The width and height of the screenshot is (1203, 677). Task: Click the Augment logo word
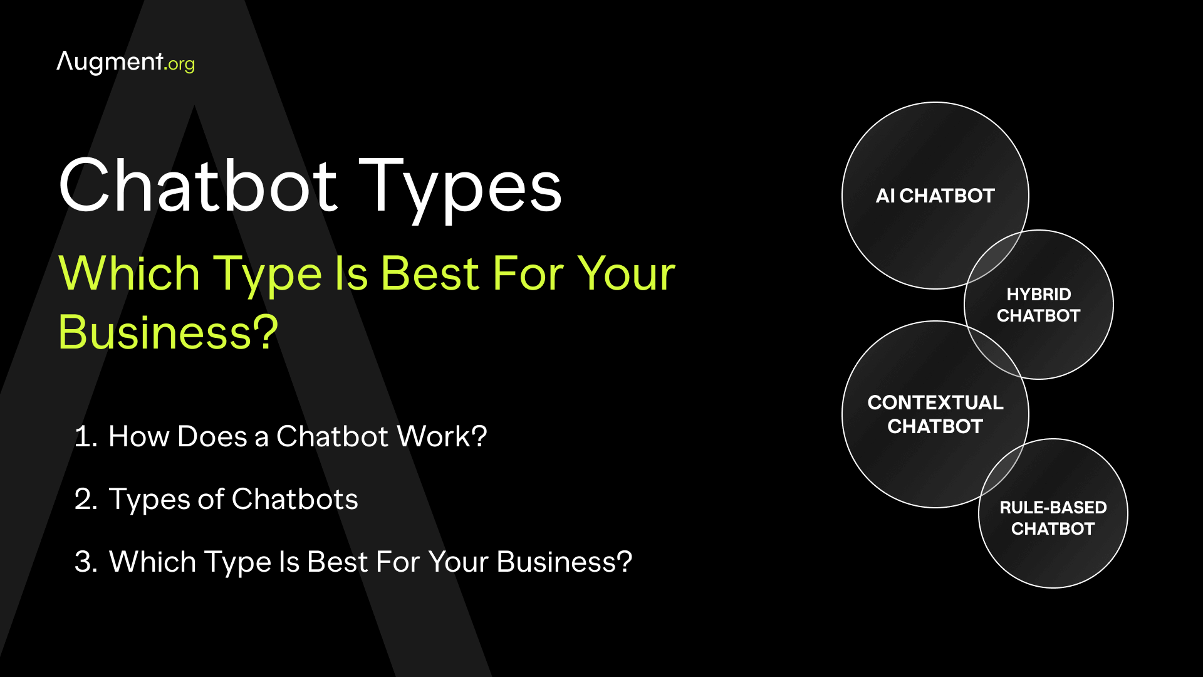coord(110,62)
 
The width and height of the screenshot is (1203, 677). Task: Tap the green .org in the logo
coord(180,64)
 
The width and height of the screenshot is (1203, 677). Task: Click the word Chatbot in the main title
coord(199,186)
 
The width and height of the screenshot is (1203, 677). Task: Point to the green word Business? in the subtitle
coord(168,332)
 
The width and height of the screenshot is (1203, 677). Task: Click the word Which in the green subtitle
coord(129,274)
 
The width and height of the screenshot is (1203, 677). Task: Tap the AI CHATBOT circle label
coord(935,196)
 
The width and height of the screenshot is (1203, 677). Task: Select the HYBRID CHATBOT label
coord(1038,305)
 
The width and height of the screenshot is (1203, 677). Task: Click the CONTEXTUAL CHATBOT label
coord(935,414)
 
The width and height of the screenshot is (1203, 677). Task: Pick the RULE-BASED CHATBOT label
coord(1053,518)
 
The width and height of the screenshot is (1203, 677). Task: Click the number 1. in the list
coord(86,437)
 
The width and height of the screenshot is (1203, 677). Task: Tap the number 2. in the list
coord(86,500)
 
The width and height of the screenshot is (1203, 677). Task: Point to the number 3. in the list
coord(86,562)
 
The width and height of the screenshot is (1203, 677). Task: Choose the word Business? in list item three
coord(564,562)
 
